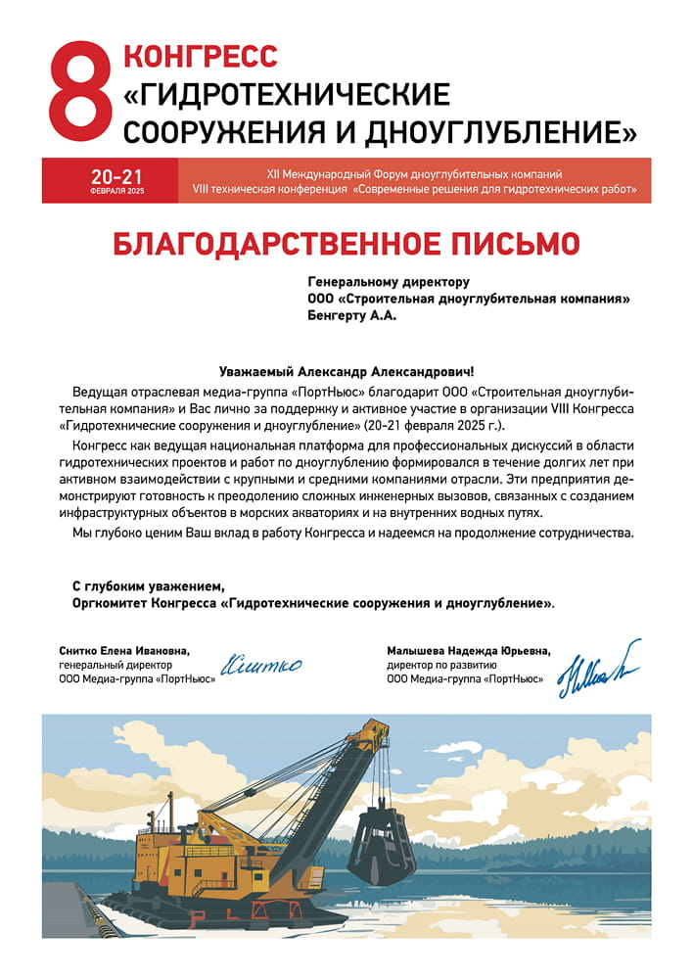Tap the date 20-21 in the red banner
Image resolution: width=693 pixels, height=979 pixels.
click(116, 176)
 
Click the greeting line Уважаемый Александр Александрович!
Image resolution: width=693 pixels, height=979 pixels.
click(346, 372)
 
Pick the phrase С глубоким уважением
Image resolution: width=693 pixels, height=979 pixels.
click(148, 586)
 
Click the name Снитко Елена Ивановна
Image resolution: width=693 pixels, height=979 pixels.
click(123, 650)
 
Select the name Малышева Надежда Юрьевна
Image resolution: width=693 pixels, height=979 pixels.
click(469, 650)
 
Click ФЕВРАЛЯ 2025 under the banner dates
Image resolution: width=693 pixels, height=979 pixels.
click(116, 191)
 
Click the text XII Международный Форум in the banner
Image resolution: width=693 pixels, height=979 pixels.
click(341, 173)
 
